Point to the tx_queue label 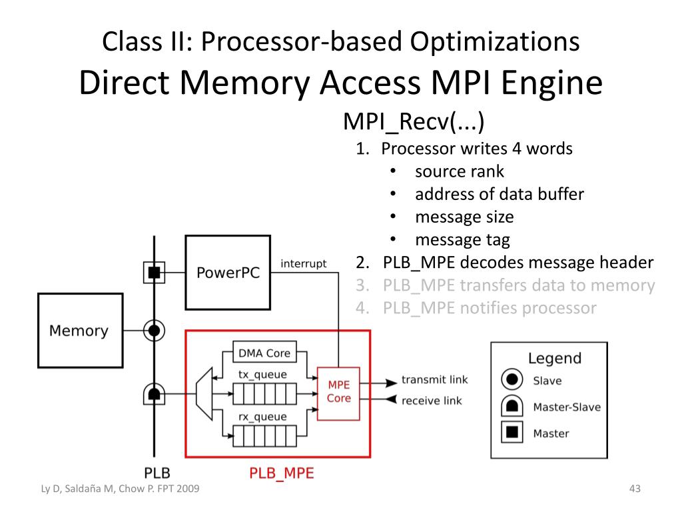[262, 375]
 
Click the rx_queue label [262, 417]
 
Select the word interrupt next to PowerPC [303, 263]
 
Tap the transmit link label [434, 379]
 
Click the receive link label [432, 401]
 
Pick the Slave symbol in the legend [512, 379]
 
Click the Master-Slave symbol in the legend [512, 406]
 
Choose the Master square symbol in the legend [512, 431]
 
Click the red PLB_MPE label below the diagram [282, 473]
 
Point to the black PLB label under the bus [157, 473]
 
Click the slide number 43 [635, 489]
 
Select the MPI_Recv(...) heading [414, 121]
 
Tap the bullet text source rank [460, 171]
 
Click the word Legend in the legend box [555, 358]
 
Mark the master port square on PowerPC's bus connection [154, 273]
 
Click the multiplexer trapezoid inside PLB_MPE [204, 394]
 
